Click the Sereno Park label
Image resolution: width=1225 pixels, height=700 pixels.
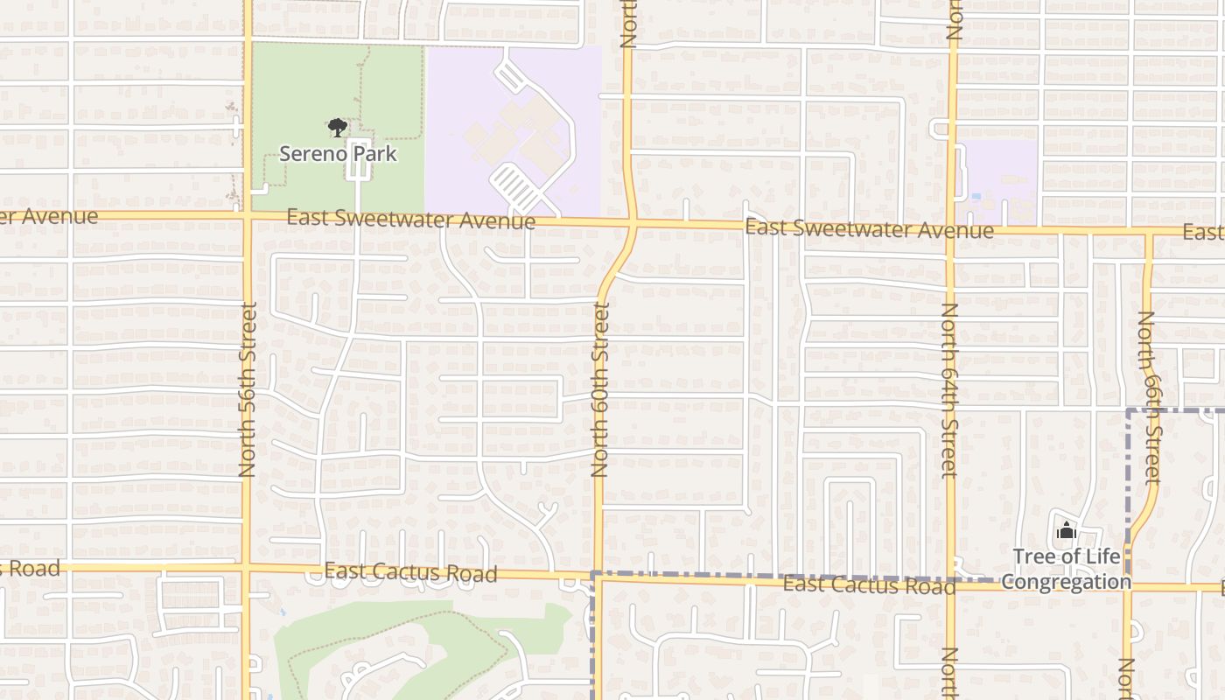tap(338, 154)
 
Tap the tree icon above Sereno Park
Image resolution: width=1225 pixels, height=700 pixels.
tap(338, 129)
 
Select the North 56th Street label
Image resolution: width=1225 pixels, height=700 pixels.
tap(247, 389)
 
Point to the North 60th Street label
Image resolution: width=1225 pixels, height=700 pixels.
tap(600, 389)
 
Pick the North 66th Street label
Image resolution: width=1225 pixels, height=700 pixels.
tap(1150, 398)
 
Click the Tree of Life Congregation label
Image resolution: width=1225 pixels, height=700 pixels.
tap(1066, 569)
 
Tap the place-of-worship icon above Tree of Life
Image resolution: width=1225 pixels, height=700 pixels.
tap(1066, 530)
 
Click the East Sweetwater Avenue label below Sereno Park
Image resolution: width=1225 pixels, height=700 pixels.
tap(410, 219)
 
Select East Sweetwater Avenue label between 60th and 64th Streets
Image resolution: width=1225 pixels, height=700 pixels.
tap(869, 230)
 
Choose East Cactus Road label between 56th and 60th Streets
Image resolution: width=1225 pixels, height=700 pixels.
tap(410, 572)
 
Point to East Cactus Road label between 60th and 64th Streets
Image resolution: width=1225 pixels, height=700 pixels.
tap(869, 584)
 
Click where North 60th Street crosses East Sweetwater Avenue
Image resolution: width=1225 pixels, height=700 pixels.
tap(633, 225)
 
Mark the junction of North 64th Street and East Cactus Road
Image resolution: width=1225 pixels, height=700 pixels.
tap(951, 584)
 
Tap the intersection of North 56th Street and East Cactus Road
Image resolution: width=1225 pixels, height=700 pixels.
tap(247, 568)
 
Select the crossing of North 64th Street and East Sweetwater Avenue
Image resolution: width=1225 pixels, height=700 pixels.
tap(951, 231)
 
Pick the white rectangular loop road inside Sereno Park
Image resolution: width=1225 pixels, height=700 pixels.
tap(358, 158)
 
